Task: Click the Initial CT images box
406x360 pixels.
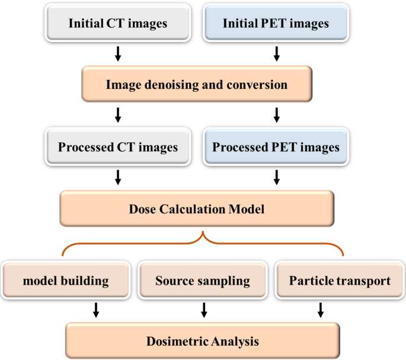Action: pyautogui.click(x=117, y=24)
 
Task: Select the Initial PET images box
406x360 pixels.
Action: pyautogui.click(x=276, y=24)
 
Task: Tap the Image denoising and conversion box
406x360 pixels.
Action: pyautogui.click(x=196, y=85)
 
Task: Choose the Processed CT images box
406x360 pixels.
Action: pyautogui.click(x=117, y=146)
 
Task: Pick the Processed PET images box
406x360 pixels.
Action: pyautogui.click(x=276, y=146)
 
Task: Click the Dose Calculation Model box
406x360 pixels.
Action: pyautogui.click(x=196, y=209)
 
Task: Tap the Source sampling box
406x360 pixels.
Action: pyautogui.click(x=203, y=280)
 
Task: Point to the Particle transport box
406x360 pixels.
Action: pyautogui.click(x=340, y=280)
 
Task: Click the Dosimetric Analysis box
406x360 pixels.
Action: pyautogui.click(x=203, y=340)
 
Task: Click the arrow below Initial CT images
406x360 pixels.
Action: pyautogui.click(x=117, y=55)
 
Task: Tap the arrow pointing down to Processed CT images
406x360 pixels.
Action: pyautogui.click(x=117, y=115)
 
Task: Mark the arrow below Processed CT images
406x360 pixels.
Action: pyautogui.click(x=117, y=177)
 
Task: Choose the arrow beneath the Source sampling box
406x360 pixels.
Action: pyautogui.click(x=204, y=309)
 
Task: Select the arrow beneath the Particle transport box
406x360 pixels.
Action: pyautogui.click(x=321, y=309)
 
